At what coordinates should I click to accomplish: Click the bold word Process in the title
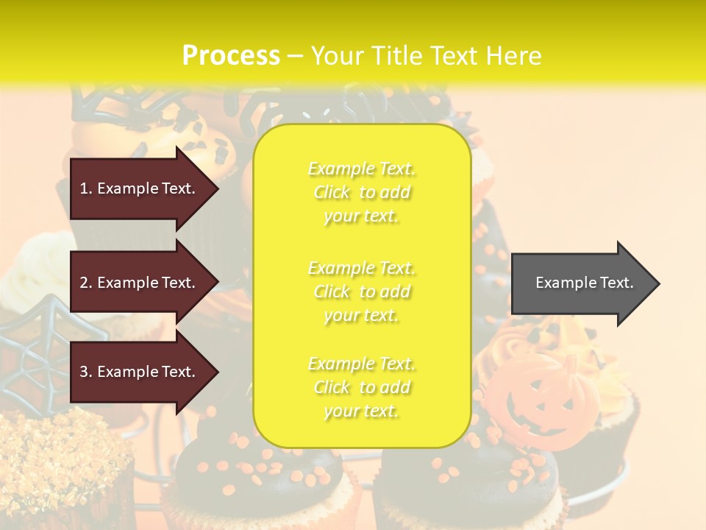point(231,56)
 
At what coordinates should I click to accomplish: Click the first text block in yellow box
point(361,192)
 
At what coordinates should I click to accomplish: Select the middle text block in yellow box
point(361,291)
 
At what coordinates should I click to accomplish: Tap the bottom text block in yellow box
point(361,387)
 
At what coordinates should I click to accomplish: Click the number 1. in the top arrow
point(86,188)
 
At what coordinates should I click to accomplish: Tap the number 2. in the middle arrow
point(86,283)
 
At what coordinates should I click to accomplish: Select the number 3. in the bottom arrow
point(86,372)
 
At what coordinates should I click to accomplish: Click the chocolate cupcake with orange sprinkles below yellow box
point(257,478)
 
